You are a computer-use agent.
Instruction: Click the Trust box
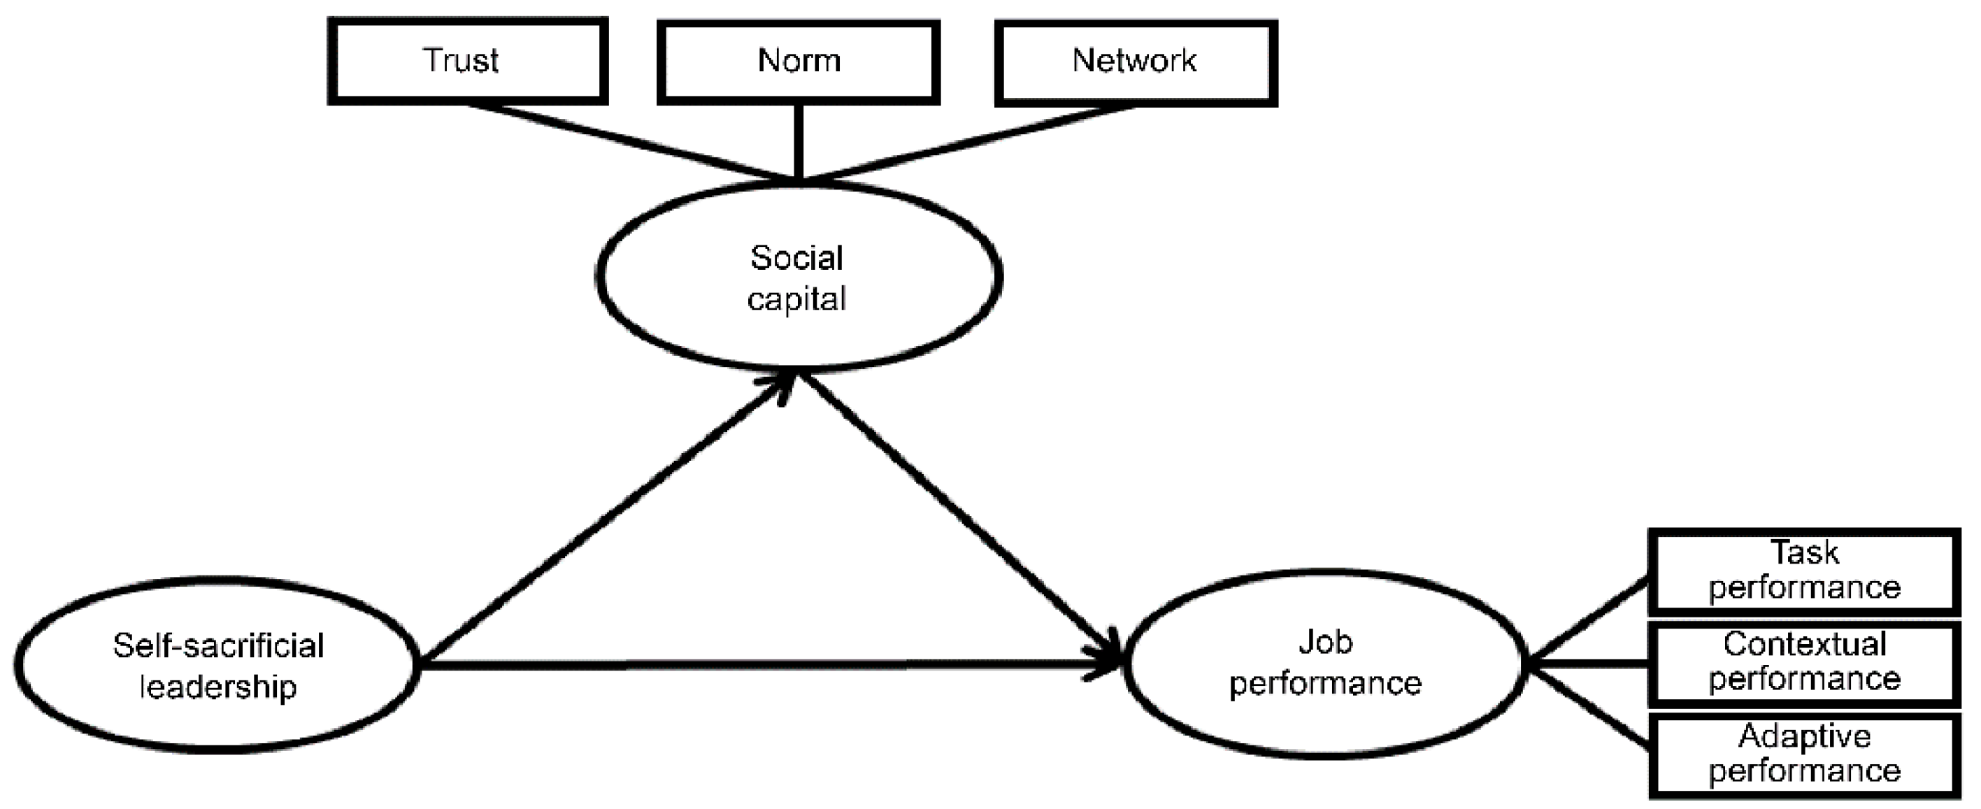467,61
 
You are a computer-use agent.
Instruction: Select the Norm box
799,61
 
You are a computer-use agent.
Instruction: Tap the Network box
1135,62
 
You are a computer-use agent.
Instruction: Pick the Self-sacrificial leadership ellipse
217,666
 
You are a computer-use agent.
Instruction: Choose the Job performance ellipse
1324,663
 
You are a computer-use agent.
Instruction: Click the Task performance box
1803,571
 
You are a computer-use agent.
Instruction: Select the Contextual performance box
1803,663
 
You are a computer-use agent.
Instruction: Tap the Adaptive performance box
1803,754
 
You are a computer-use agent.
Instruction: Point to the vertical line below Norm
799,142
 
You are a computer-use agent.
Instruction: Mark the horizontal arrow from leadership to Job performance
769,664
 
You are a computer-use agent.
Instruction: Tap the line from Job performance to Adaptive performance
1588,706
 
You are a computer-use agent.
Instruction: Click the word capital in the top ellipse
796,299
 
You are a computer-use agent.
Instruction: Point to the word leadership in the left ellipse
217,686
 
